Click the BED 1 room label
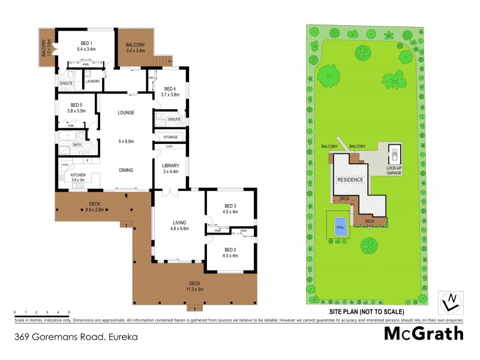click(x=86, y=44)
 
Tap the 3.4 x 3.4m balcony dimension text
click(x=135, y=51)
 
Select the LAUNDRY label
click(x=93, y=81)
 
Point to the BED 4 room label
click(x=170, y=88)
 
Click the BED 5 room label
click(x=76, y=105)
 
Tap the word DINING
click(x=125, y=170)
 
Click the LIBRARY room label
click(x=171, y=166)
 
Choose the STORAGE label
click(x=170, y=137)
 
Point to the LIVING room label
click(x=171, y=222)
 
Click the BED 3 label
click(x=230, y=205)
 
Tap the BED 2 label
click(x=230, y=250)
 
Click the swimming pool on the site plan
click(x=340, y=226)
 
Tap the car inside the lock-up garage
click(x=394, y=156)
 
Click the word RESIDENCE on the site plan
click(x=350, y=179)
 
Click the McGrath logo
click(x=424, y=333)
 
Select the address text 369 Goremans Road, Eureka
click(x=76, y=337)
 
